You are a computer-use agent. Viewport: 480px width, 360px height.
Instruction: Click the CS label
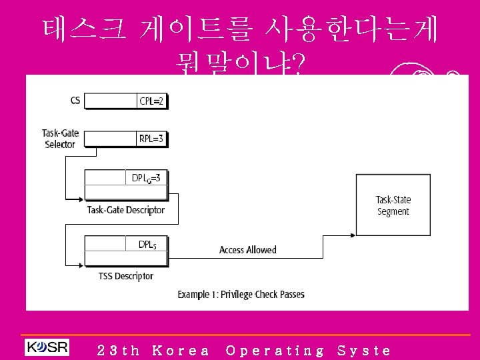tap(75, 101)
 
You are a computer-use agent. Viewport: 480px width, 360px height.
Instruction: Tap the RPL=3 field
tap(151, 139)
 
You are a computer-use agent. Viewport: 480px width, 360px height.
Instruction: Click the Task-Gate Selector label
tap(60, 139)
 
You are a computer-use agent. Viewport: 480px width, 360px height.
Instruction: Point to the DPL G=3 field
tap(146, 178)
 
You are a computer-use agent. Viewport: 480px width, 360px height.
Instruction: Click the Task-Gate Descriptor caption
tap(126, 210)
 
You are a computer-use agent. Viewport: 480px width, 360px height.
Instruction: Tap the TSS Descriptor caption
tap(126, 276)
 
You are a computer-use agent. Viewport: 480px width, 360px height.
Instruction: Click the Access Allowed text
tap(247, 250)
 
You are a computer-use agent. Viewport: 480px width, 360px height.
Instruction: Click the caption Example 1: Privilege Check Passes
tap(241, 294)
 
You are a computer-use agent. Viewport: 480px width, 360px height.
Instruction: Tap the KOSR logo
tap(47, 347)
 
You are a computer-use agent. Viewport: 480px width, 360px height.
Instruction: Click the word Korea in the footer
tap(181, 350)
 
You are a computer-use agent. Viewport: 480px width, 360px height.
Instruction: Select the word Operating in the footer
tap(275, 350)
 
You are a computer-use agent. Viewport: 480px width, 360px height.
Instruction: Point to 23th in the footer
tap(118, 350)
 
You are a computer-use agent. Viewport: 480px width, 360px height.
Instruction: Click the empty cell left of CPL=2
tap(111, 101)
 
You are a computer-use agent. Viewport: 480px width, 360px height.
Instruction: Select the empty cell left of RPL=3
tap(111, 139)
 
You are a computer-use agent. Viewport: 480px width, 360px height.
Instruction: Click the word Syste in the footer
tap(364, 350)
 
